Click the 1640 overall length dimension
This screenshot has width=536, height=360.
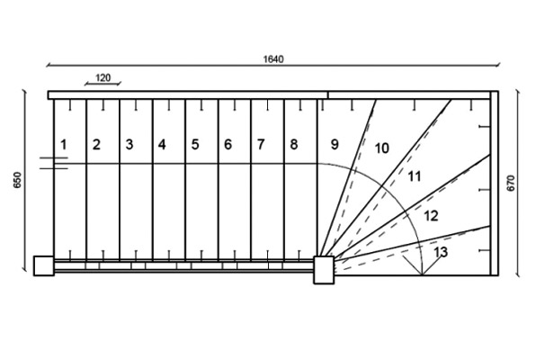(273, 59)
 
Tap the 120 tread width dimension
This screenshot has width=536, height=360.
(103, 78)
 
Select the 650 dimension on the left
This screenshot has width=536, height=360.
(17, 180)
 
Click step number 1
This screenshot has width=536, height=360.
(64, 145)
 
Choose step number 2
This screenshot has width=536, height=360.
(96, 145)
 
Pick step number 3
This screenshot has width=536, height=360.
(130, 145)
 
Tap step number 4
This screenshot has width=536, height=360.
(162, 145)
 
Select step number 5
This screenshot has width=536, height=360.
(195, 145)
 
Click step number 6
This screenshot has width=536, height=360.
(228, 145)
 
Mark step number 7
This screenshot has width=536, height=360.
(261, 145)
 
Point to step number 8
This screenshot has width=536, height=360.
(294, 145)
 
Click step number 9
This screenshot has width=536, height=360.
(335, 144)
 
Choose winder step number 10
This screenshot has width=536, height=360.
(382, 148)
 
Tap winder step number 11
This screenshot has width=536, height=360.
(415, 176)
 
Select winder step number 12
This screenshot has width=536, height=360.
(431, 216)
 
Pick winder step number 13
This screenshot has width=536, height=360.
(441, 252)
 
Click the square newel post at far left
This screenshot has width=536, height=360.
(44, 265)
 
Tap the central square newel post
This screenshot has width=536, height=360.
(324, 270)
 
